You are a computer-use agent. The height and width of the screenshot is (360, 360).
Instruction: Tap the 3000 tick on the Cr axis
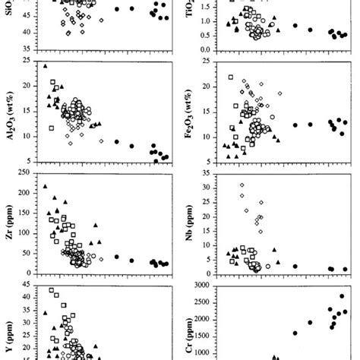pos(205,286)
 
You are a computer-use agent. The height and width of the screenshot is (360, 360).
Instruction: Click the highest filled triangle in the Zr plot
pos(46,186)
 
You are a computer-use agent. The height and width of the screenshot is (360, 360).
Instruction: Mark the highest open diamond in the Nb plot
pos(242,185)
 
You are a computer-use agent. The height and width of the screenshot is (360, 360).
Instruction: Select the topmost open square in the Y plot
pos(52,290)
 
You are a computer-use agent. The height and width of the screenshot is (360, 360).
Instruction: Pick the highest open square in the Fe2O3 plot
pos(230,77)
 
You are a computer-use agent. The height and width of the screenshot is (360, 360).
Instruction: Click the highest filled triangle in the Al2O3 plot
pos(45,66)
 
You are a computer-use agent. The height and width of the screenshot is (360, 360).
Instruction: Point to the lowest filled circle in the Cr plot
pos(295,333)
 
